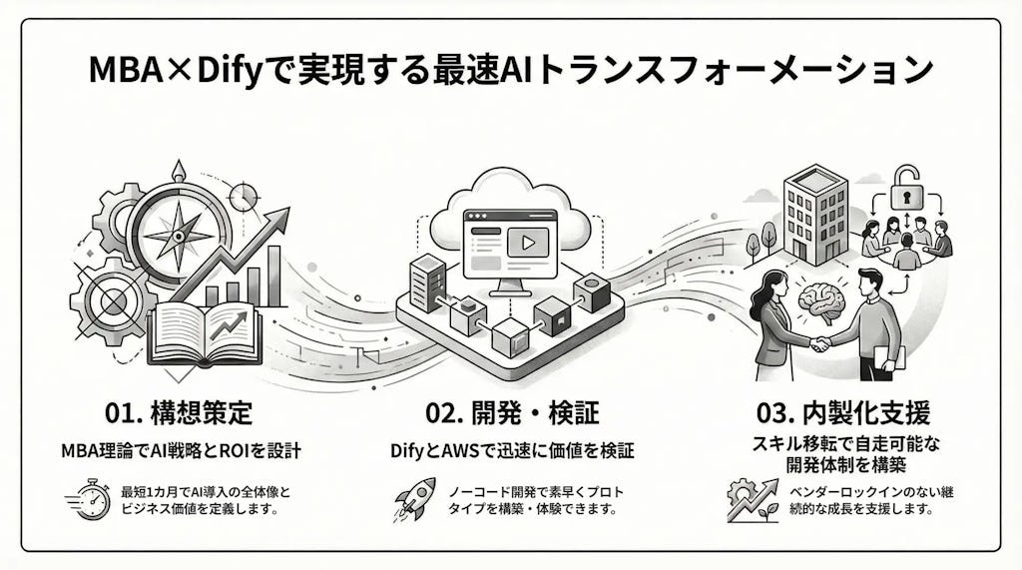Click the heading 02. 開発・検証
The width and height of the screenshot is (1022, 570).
(x=511, y=413)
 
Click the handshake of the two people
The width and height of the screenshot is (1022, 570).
(x=820, y=343)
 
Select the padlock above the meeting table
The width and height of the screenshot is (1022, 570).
(x=906, y=187)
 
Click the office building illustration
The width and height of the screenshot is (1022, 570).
(x=811, y=215)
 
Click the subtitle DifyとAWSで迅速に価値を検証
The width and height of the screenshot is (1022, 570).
(x=511, y=452)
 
